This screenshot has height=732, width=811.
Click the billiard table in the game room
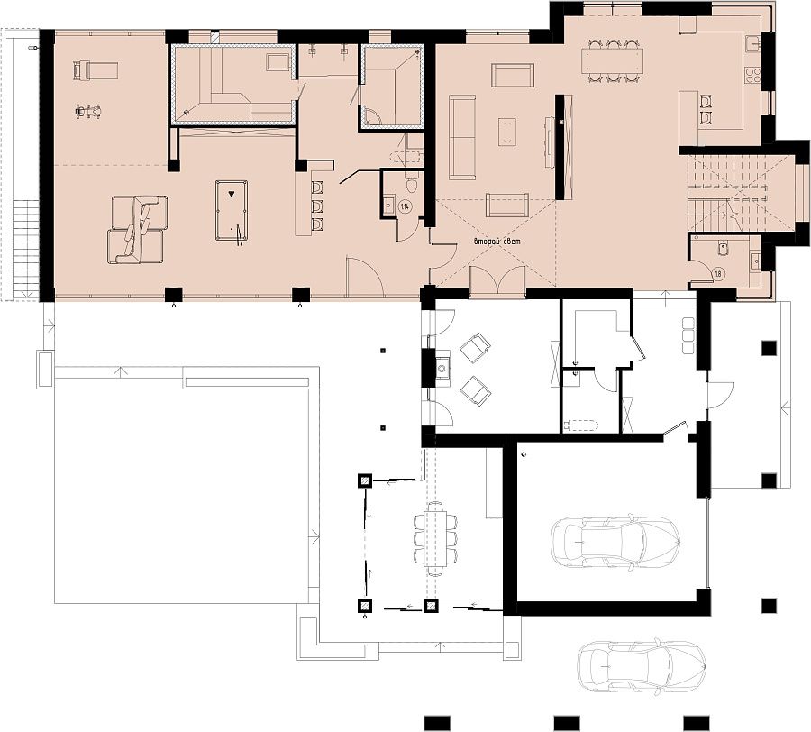click(232, 210)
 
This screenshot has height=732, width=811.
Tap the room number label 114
click(405, 206)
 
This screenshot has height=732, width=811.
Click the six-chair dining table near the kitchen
click(612, 61)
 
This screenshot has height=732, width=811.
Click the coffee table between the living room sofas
click(509, 133)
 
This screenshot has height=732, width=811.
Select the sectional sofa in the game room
click(138, 229)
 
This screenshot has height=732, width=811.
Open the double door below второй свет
click(497, 280)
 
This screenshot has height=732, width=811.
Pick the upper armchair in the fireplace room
click(475, 346)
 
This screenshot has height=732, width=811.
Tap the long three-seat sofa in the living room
click(462, 137)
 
